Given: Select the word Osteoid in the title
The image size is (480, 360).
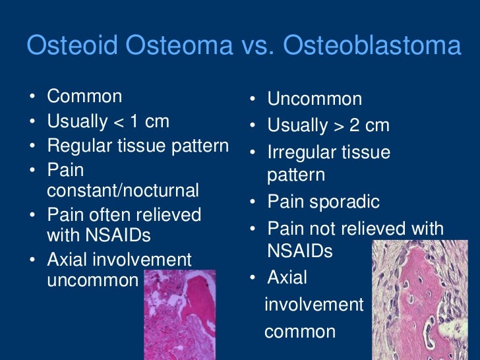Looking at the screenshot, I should (x=68, y=47).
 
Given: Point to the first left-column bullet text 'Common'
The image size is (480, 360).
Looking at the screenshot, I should (x=84, y=96).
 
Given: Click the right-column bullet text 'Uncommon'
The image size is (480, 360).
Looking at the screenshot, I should (x=315, y=100).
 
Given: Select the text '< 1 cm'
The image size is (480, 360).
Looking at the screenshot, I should (x=141, y=121).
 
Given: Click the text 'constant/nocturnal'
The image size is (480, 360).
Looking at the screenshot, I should (x=123, y=191).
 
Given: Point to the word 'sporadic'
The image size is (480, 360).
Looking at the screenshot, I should (x=347, y=202).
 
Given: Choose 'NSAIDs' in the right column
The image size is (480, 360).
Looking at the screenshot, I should (x=300, y=251).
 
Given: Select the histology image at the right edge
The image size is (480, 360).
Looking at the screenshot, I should (x=426, y=300).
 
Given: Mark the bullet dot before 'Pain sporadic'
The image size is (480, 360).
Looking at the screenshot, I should (x=253, y=203).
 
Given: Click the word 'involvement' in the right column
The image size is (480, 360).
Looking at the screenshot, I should (x=314, y=304).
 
